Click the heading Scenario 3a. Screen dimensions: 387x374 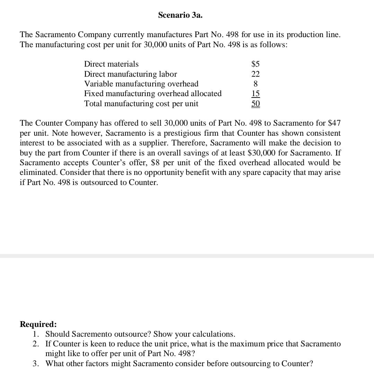tap(180, 15)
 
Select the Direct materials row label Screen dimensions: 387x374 tap(111, 64)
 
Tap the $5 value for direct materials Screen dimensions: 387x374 tap(255, 64)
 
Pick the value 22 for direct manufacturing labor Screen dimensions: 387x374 tap(256, 74)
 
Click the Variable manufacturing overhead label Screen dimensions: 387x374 tap(141, 84)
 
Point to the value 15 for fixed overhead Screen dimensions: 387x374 tap(256, 94)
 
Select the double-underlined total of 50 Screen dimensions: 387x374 tap(256, 104)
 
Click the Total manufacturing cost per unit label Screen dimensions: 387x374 tap(141, 103)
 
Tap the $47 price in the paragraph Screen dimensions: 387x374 tap(334, 123)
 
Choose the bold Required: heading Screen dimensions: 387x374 tap(38, 324)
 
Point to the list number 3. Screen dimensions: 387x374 tap(36, 363)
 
